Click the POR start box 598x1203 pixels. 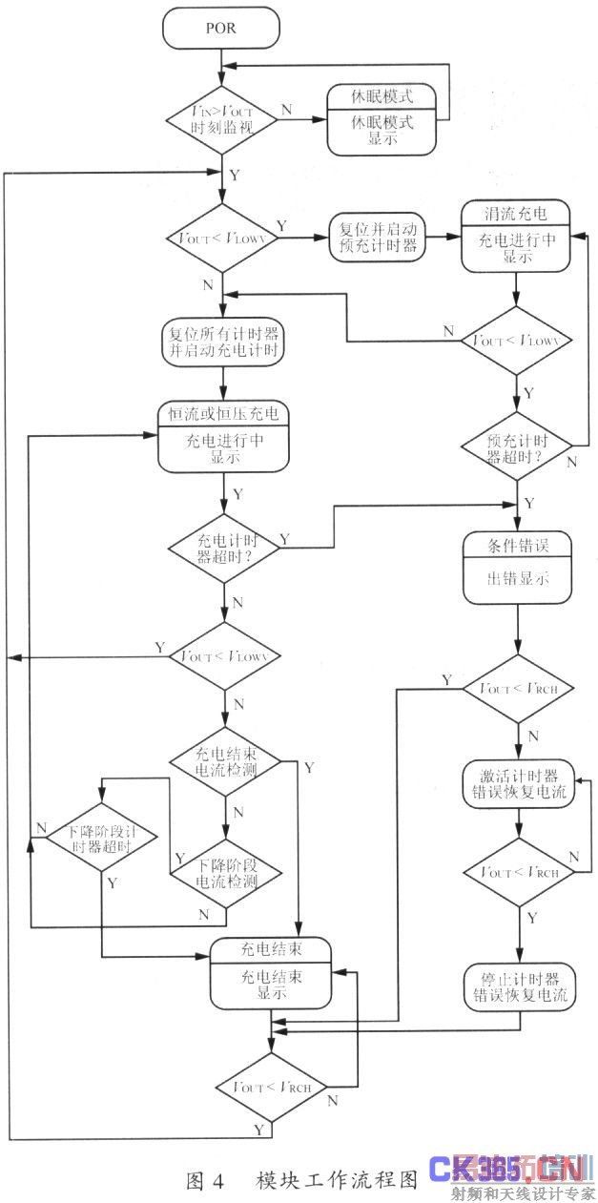[x=220, y=29]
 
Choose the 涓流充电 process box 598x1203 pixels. [x=516, y=233]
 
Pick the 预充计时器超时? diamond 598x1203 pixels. [x=518, y=446]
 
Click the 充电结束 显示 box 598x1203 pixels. [x=271, y=972]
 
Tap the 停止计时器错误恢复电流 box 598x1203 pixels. [x=519, y=986]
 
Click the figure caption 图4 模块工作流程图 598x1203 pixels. [x=301, y=1181]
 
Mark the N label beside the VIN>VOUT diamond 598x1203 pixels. [x=286, y=109]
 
